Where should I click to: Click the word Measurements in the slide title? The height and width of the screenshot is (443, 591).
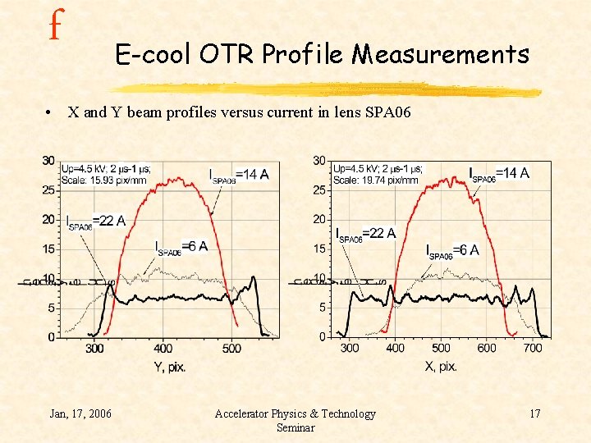[x=441, y=54]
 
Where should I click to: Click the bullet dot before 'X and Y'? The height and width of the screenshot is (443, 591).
[x=51, y=113]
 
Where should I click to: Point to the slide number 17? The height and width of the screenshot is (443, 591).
[x=534, y=413]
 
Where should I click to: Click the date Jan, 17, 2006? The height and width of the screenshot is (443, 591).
[x=80, y=413]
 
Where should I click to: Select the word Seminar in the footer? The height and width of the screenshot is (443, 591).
[x=295, y=427]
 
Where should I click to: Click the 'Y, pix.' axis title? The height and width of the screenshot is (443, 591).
[x=170, y=367]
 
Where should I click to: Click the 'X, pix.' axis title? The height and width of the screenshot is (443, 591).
[x=440, y=367]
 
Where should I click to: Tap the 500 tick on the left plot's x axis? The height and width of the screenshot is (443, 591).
[x=231, y=349]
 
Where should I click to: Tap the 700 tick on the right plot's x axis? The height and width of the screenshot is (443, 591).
[x=533, y=349]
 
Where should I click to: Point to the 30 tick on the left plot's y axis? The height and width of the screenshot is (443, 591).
[x=49, y=160]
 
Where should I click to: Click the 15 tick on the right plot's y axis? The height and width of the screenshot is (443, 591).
[x=319, y=249]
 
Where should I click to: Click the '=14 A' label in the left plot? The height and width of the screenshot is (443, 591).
[x=251, y=174]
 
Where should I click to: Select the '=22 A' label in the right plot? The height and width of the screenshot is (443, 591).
[x=379, y=233]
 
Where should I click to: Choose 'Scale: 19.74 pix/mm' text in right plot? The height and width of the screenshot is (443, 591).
[x=376, y=180]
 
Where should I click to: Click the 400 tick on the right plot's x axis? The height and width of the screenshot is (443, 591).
[x=395, y=349]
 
